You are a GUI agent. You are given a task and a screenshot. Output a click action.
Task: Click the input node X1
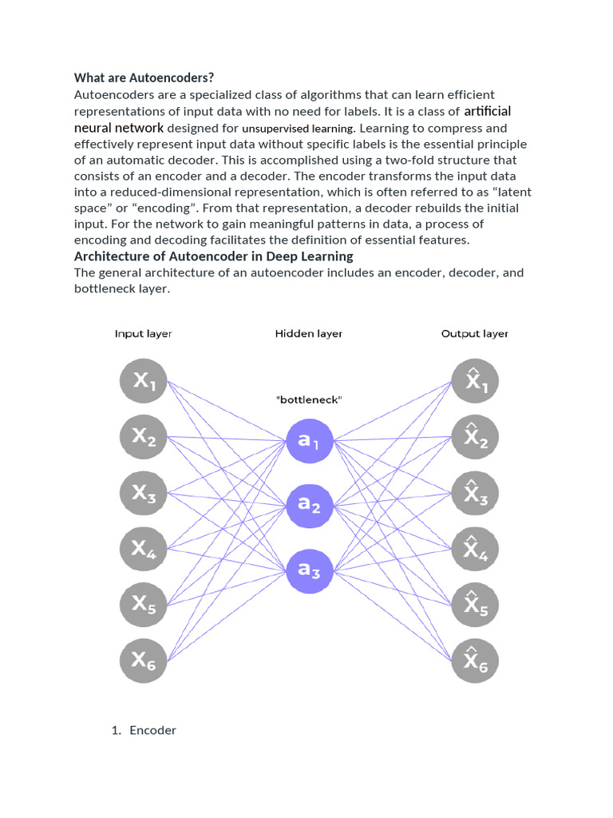144,381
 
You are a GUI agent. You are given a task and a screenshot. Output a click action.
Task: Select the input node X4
144,549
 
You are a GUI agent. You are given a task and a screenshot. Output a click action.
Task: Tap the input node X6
144,659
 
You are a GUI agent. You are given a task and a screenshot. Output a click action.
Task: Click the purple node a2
309,505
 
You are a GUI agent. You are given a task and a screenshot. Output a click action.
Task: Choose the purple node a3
309,570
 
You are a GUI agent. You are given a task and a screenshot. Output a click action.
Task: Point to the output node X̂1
475,381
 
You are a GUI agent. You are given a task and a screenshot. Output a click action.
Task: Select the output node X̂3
475,493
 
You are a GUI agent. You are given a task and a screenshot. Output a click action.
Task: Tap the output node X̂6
475,659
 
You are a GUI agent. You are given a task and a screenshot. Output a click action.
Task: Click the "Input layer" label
143,334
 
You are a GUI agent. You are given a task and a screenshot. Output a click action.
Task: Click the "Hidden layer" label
309,334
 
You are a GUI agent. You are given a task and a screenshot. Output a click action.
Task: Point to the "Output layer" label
475,334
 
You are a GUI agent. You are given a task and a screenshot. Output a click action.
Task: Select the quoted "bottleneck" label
309,399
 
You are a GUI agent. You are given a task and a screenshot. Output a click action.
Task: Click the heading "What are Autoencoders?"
144,77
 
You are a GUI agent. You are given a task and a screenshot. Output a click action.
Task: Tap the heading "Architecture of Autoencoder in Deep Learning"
214,256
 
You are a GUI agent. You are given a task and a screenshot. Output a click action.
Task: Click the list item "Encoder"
152,730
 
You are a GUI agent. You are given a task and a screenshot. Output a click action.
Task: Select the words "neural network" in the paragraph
119,128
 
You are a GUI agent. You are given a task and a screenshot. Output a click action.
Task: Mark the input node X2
144,437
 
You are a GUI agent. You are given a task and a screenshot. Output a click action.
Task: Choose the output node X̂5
475,605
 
